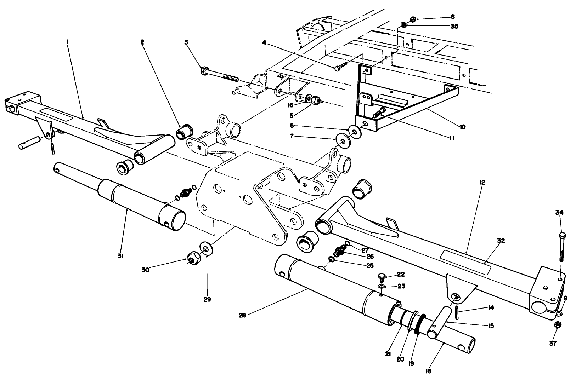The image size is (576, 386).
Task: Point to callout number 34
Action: [559, 213]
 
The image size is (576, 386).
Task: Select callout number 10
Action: [462, 127]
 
